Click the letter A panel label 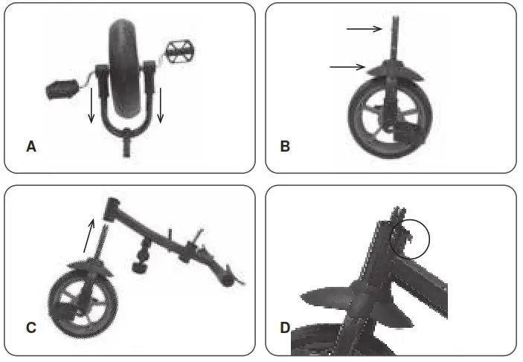click(31, 147)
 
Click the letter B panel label click(285, 147)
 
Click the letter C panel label click(31, 327)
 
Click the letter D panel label click(285, 327)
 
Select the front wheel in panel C click(79, 300)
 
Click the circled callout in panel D click(410, 237)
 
